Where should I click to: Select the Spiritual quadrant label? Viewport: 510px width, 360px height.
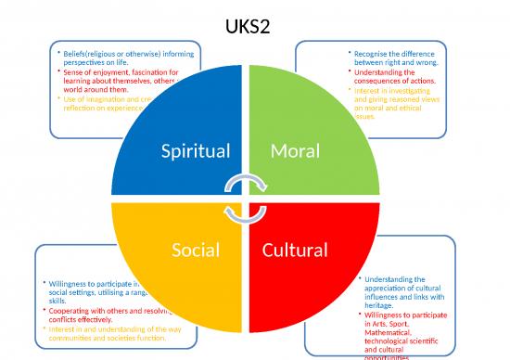[x=197, y=150]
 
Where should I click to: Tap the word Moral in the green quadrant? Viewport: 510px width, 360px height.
[x=296, y=150]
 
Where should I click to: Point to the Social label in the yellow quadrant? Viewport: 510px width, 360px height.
[x=196, y=250]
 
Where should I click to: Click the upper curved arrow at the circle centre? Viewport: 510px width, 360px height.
[x=250, y=183]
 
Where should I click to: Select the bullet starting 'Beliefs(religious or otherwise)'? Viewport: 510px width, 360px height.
[x=116, y=58]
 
